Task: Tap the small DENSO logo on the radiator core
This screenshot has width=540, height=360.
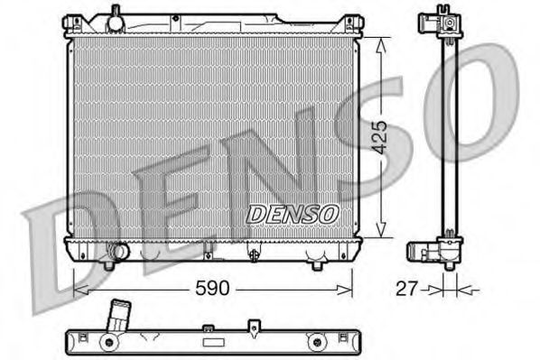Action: (x=293, y=214)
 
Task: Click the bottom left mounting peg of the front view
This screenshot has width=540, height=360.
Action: (x=108, y=264)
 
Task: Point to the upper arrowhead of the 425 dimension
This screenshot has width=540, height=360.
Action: (x=382, y=43)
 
